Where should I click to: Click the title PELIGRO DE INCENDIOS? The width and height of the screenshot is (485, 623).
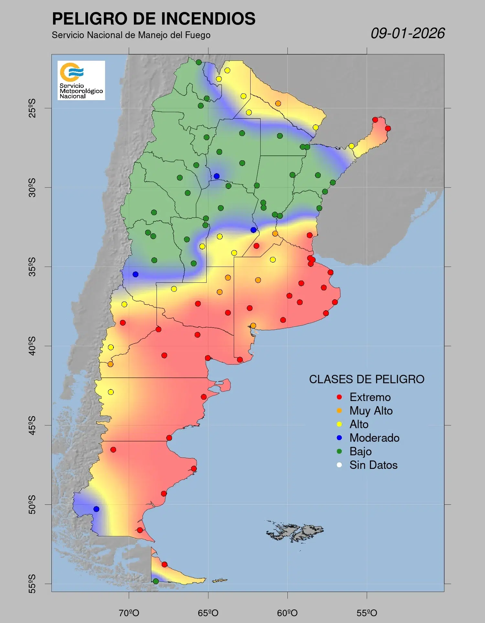[x=154, y=19]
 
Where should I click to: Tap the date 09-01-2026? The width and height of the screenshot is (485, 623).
[x=407, y=33]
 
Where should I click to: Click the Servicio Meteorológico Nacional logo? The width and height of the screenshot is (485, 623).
[x=81, y=80]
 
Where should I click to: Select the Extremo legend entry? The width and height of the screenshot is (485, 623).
[x=370, y=397]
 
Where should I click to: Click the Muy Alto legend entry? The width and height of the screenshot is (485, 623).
[x=371, y=411]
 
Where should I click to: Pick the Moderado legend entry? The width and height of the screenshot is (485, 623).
[x=374, y=438]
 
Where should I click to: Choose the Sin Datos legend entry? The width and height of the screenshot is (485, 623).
[x=373, y=465]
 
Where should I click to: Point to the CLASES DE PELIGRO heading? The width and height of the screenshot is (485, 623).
[x=367, y=379]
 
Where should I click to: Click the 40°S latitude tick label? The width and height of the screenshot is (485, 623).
[x=32, y=346]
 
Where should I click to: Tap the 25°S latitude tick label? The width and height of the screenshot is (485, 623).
[x=32, y=108]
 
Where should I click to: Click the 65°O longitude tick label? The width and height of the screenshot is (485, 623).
[x=208, y=613]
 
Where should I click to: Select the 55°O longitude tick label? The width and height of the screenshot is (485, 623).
[x=367, y=613]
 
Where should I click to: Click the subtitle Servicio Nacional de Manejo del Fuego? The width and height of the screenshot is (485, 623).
[x=131, y=35]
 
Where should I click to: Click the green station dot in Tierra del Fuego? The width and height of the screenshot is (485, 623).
[x=156, y=581]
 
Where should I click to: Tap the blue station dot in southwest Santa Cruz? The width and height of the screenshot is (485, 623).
[x=96, y=509]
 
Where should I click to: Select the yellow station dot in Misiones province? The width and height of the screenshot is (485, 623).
[x=351, y=146]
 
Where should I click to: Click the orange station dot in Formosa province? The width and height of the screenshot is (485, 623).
[x=278, y=103]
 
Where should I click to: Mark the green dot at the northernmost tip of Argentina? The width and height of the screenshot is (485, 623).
[x=199, y=62]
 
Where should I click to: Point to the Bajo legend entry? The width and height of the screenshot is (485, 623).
[x=360, y=451]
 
